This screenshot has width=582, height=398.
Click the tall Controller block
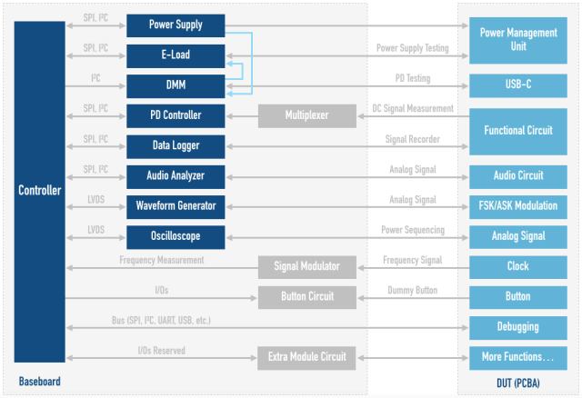[x=39, y=191]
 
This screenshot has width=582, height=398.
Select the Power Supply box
[x=176, y=25]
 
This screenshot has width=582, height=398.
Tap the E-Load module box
[x=176, y=55]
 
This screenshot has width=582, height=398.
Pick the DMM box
[x=176, y=85]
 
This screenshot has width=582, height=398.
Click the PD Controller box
[x=176, y=115]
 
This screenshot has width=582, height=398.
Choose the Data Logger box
[x=176, y=145]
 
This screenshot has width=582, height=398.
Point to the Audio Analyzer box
[x=176, y=175]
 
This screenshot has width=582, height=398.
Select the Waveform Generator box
[x=176, y=205]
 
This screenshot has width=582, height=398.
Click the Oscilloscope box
[x=176, y=235]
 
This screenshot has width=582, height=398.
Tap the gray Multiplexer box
[x=306, y=115]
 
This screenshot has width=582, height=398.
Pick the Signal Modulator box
[x=306, y=266]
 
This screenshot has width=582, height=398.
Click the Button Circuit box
[x=306, y=296]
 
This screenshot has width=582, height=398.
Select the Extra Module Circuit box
[x=306, y=357]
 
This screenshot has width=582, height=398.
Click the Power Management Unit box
[x=518, y=39]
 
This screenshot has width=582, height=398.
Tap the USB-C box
[x=518, y=85]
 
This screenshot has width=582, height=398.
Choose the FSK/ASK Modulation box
[x=518, y=205]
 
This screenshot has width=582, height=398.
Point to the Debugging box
[x=518, y=326]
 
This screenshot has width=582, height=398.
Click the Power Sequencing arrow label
[x=412, y=230]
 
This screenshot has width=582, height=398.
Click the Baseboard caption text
[x=40, y=382]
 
